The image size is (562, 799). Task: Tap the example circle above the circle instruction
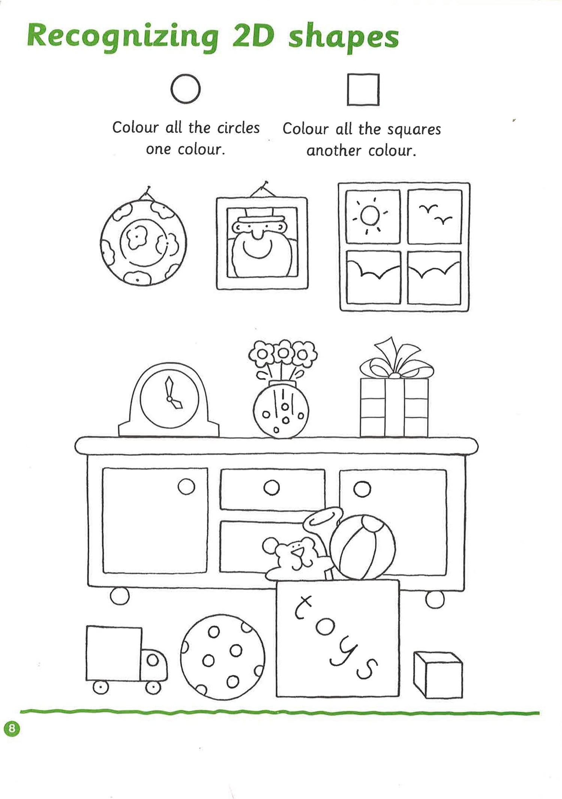pos(185,89)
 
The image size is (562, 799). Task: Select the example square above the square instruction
pos(363,90)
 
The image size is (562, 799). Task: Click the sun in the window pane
pos(370,215)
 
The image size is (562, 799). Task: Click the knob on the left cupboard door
pos(186,486)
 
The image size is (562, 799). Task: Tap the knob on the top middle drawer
pos(272,488)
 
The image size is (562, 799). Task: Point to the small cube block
pos(438,675)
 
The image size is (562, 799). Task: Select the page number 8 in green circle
pos(12,728)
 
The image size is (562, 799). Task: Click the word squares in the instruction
pos(414,130)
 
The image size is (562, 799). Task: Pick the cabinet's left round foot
pos(120,596)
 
